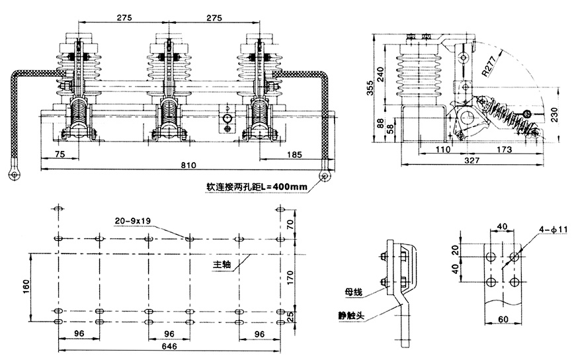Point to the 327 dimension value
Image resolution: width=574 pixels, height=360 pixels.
pos(471,159)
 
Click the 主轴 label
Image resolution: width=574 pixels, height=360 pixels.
pos(222,264)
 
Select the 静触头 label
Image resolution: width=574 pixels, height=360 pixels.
pos(350,316)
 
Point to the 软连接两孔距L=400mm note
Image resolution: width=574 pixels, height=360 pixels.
pos(257,187)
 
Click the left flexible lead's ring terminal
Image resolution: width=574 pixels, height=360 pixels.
pos(13,175)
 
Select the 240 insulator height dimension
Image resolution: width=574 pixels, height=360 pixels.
pos(379,73)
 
